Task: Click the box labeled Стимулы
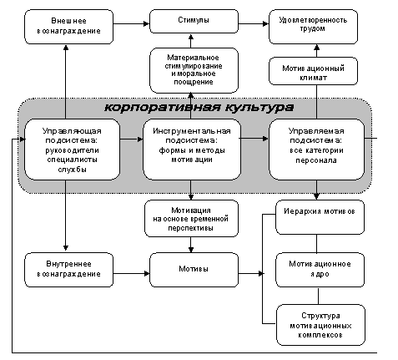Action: pos(194,22)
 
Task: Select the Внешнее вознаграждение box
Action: pos(68,27)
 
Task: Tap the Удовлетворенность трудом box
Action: pos(313,27)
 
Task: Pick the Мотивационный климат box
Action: pos(313,71)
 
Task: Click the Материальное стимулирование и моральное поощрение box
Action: pos(194,70)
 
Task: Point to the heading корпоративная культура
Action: pos(199,108)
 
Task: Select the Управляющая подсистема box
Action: pos(73,150)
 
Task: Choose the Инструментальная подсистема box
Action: pos(192,150)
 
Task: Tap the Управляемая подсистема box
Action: pos(316,150)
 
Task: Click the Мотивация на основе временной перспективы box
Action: pos(191,219)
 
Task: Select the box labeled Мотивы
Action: pos(194,270)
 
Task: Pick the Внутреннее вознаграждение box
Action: pos(68,270)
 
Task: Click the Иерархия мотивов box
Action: pos(320,217)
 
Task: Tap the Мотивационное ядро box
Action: pos(320,270)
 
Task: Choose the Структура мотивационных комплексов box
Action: pos(320,325)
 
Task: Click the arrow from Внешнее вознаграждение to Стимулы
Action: pos(131,24)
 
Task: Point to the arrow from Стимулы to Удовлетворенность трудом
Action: pos(254,24)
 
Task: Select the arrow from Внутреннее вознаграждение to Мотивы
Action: pos(131,274)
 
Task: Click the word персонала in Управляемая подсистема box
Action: pos(316,160)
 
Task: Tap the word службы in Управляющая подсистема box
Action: pos(73,170)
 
